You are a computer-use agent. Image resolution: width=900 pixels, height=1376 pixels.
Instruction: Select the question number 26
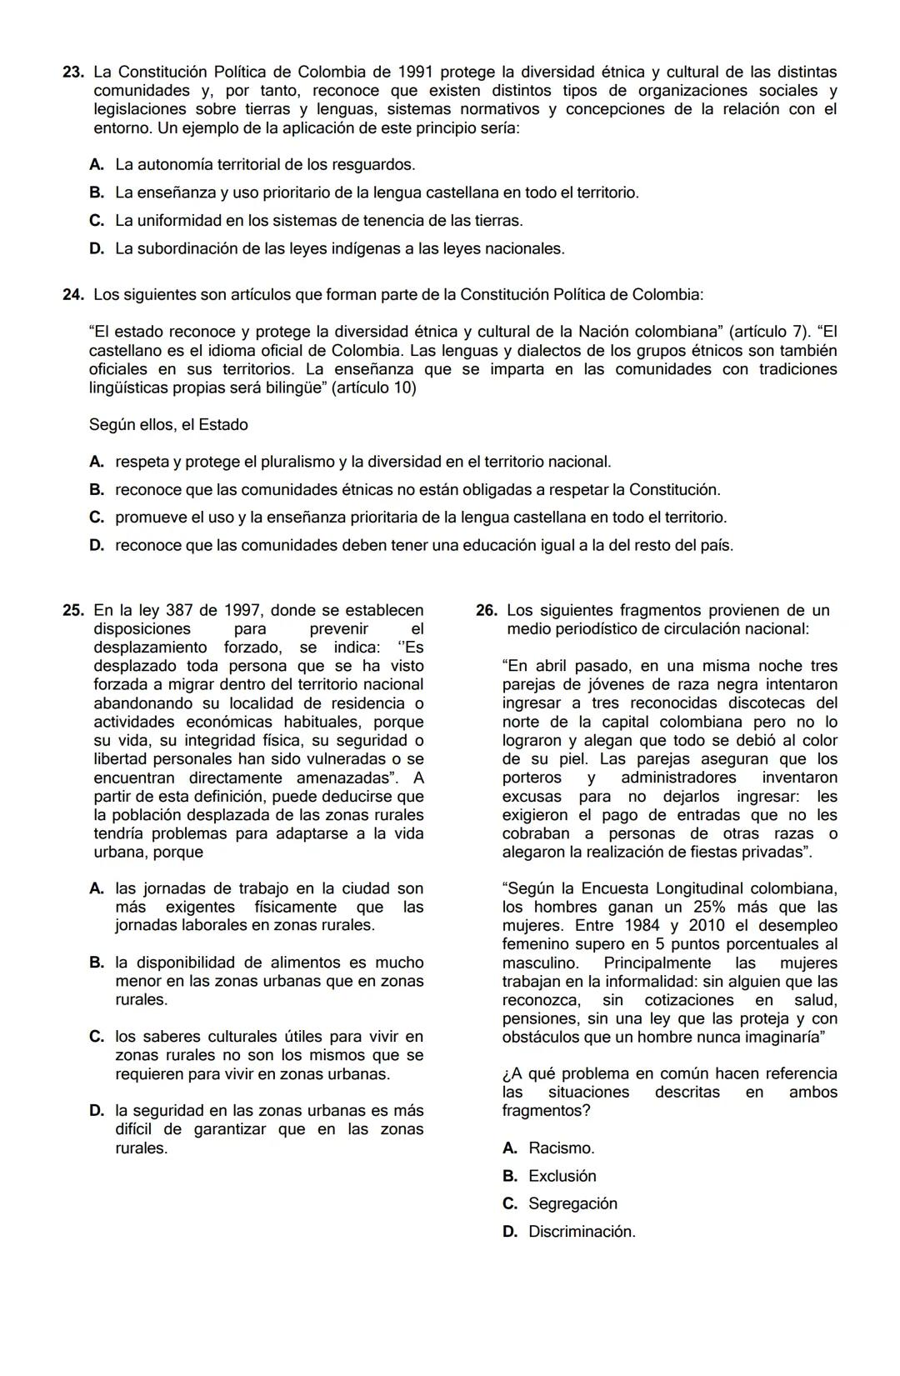(486, 611)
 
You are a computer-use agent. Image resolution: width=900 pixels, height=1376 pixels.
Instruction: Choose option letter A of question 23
(97, 165)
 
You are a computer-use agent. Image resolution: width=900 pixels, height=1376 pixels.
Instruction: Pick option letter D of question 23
(97, 249)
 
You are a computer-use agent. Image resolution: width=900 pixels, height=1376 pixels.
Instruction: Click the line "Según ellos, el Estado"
(168, 425)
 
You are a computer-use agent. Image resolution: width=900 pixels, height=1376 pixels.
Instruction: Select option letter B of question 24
(97, 490)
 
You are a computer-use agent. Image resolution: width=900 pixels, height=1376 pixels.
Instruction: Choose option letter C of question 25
(97, 1038)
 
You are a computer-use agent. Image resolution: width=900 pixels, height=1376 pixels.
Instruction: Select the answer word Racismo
(561, 1148)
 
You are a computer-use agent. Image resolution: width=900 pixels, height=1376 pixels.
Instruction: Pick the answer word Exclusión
(562, 1177)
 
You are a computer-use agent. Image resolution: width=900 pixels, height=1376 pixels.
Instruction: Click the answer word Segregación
(572, 1204)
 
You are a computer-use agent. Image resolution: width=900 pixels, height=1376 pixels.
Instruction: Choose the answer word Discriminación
(581, 1232)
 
